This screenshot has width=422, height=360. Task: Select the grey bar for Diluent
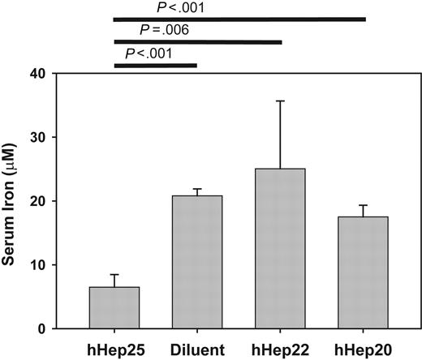[197, 262]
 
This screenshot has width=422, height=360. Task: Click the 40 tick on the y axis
[59, 74]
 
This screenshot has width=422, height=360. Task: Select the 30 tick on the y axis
[59, 138]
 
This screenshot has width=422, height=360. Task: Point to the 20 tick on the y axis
[59, 201]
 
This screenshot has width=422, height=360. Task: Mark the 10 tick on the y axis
[59, 265]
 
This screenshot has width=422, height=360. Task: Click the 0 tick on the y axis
[62, 328]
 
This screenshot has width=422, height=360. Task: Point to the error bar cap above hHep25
[115, 275]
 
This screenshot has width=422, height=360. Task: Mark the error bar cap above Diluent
[197, 189]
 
